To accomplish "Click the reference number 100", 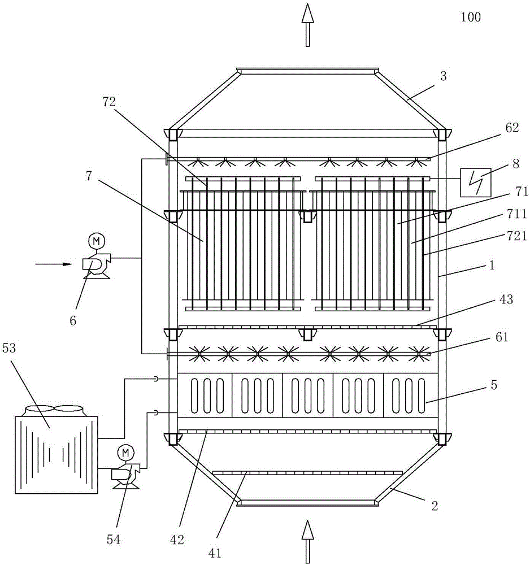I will click(470, 17).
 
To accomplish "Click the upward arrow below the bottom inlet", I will click(307, 541).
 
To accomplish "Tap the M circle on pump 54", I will click(124, 452).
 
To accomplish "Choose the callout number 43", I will click(506, 300).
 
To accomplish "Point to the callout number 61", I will click(502, 337).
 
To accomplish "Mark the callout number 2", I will click(435, 507).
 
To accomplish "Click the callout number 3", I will click(443, 76).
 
